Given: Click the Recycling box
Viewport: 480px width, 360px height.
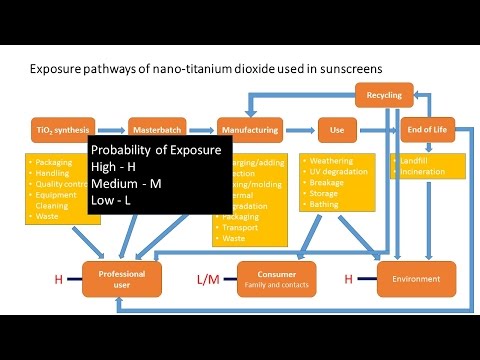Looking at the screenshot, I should pyautogui.click(x=384, y=96).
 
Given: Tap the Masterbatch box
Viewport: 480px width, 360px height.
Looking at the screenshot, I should pyautogui.click(x=157, y=130).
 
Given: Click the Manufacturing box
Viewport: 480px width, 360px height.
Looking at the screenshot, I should pyautogui.click(x=250, y=130).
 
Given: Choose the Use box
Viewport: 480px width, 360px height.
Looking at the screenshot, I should pyautogui.click(x=337, y=130).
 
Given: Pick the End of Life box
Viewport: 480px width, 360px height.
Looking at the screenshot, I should pyautogui.click(x=428, y=130).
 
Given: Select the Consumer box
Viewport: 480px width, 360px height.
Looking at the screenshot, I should pyautogui.click(x=276, y=279).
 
